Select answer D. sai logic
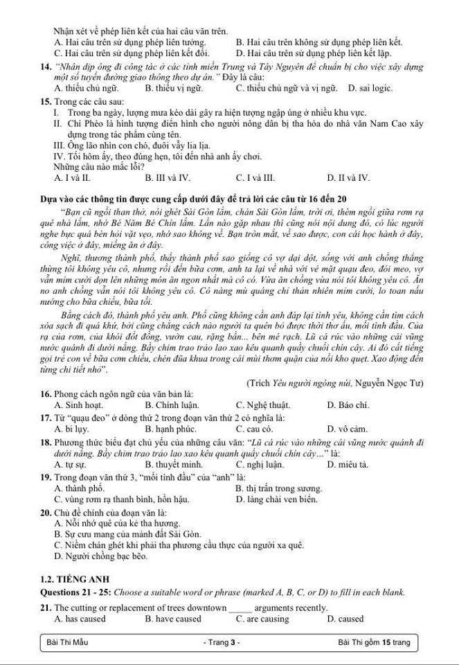370,88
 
